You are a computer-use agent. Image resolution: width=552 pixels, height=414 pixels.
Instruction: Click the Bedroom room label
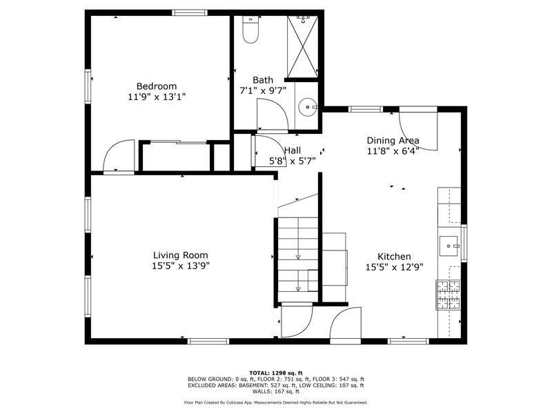157,86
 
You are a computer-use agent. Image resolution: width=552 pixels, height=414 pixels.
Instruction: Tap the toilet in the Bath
250,30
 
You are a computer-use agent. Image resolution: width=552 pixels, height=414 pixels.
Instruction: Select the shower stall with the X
303,46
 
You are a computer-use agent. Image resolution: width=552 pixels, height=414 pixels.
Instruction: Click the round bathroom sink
308,106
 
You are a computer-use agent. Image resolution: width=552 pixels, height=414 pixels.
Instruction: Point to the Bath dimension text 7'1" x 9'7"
263,91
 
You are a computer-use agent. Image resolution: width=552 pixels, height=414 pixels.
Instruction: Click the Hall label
292,150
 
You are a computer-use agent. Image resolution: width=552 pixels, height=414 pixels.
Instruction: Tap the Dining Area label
393,141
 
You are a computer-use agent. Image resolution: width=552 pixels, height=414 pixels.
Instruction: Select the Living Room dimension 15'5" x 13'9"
181,266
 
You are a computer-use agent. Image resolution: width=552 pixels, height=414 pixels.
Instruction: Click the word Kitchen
394,257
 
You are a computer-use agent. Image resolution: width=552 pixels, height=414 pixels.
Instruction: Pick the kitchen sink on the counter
448,246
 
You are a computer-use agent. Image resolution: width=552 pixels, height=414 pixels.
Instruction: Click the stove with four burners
448,295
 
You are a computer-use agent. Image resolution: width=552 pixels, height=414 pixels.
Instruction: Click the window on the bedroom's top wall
189,12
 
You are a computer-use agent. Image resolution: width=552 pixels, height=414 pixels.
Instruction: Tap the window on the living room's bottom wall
208,341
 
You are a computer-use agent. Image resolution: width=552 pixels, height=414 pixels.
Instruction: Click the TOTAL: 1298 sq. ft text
276,373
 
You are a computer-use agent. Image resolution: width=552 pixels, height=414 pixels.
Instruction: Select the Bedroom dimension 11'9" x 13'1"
157,97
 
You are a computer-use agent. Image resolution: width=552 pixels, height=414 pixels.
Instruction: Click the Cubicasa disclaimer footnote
276,402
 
